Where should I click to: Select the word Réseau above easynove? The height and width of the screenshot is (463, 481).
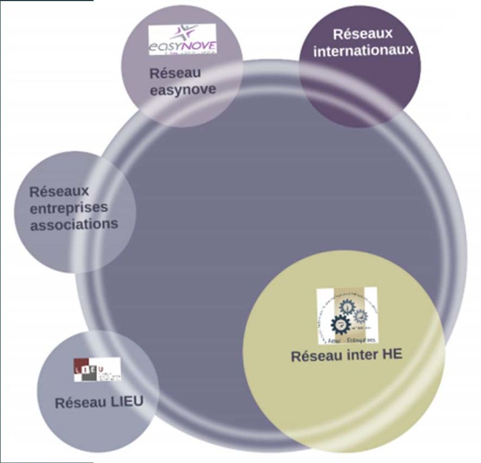[x=175, y=73]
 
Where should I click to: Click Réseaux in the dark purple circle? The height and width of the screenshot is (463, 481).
[x=363, y=33]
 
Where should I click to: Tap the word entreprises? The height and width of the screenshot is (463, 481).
[x=68, y=208]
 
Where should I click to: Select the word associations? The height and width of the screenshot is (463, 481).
[x=74, y=224]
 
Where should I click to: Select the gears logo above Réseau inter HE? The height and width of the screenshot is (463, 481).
[x=347, y=316]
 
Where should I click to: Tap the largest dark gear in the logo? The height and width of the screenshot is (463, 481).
[x=341, y=325]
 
